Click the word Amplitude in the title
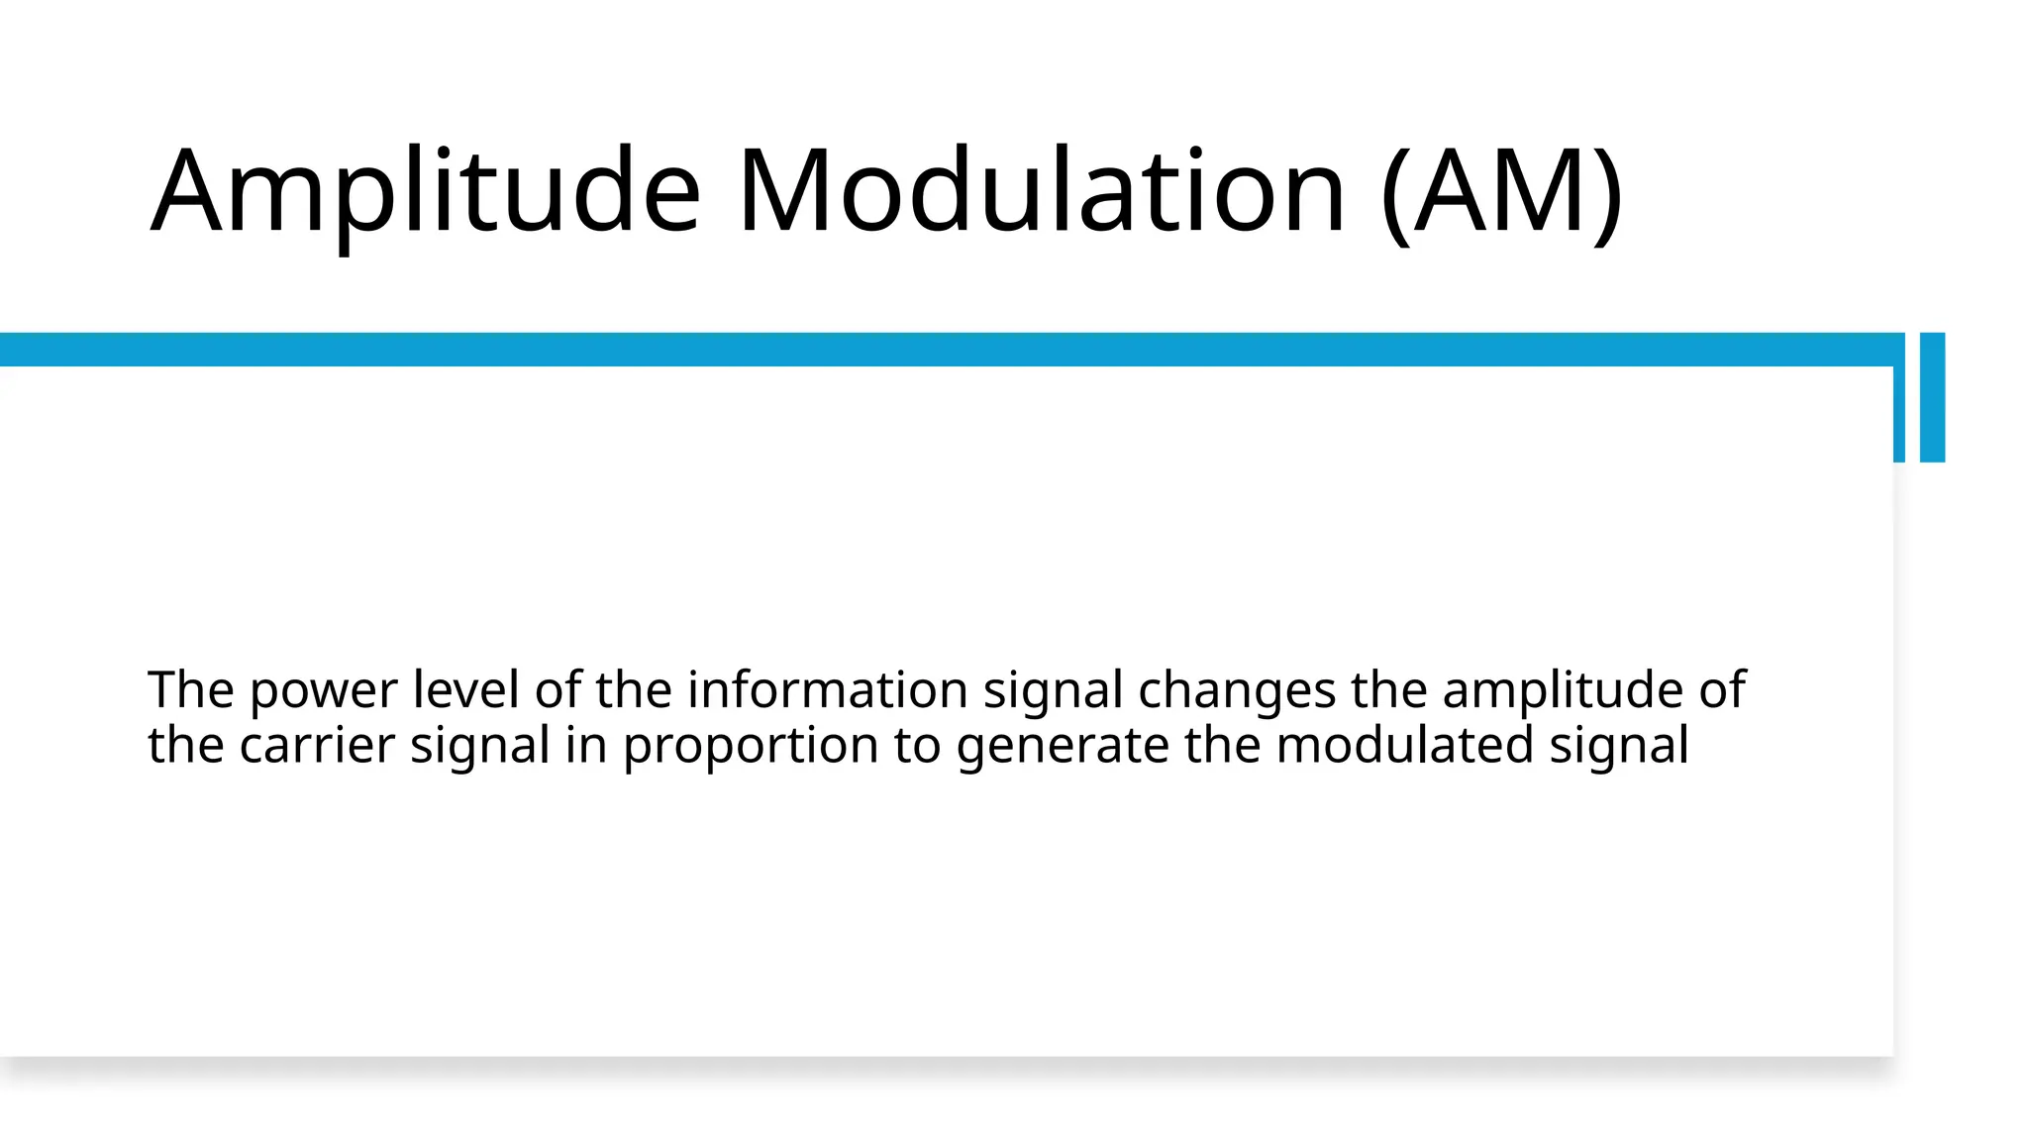point(426,190)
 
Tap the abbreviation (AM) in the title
point(1501,190)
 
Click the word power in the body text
point(324,691)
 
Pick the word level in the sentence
point(465,689)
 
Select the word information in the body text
point(828,689)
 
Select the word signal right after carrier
point(480,747)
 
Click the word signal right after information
point(1053,691)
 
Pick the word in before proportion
point(586,745)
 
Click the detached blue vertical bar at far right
point(1932,396)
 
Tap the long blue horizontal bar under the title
point(941,350)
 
